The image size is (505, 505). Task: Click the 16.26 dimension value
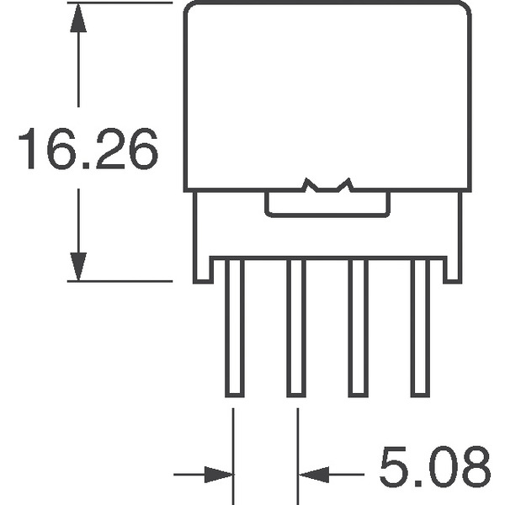click(x=88, y=148)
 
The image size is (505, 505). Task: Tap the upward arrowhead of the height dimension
click(x=78, y=18)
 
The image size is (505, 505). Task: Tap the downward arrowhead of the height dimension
click(x=78, y=266)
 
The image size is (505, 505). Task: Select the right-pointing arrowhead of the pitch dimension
click(x=218, y=475)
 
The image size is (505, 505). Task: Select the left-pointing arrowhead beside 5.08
click(x=314, y=475)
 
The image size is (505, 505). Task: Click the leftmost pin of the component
click(x=235, y=328)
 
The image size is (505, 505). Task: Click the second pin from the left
click(x=296, y=328)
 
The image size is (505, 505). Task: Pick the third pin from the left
click(x=359, y=328)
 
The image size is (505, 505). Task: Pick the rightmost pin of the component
click(x=420, y=328)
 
